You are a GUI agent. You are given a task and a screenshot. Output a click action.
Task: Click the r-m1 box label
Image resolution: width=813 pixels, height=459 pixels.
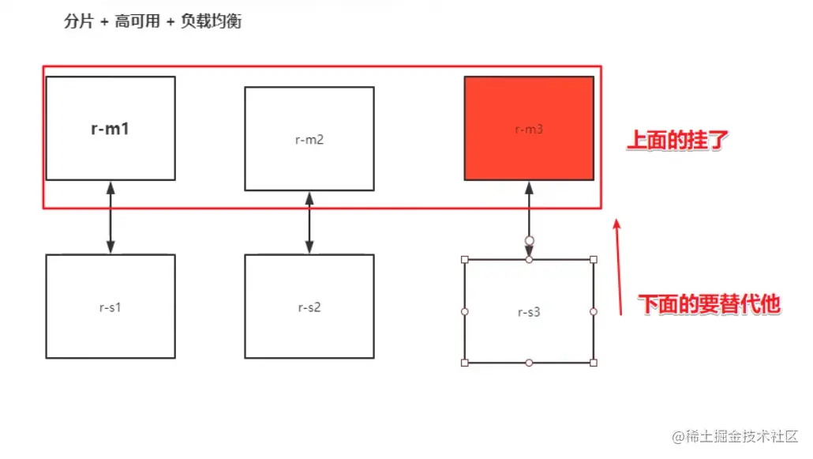(111, 129)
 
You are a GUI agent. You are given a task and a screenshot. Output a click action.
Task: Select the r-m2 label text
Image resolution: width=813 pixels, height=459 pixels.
(309, 140)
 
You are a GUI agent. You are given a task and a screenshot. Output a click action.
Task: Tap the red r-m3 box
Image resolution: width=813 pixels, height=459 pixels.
(529, 128)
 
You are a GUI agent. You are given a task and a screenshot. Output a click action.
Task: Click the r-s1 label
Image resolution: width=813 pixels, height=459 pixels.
(111, 307)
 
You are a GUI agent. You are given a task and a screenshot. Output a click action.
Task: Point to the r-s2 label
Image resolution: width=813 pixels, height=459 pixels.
(309, 307)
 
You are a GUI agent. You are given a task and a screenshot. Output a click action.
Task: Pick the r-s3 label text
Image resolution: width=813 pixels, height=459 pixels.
(529, 312)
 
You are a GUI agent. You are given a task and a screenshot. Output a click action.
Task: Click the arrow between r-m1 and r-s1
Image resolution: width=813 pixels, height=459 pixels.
(111, 217)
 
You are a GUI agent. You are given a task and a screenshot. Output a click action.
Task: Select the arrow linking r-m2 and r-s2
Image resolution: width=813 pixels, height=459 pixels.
(309, 223)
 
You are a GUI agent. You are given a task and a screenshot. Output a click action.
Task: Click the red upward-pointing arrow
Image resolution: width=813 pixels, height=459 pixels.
(620, 269)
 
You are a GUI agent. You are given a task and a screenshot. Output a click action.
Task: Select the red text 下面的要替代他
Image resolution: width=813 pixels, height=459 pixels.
(709, 304)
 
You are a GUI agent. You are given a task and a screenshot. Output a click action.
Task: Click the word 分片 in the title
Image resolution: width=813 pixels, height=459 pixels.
(79, 21)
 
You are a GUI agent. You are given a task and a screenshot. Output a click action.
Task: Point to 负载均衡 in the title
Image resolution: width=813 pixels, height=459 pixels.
(213, 21)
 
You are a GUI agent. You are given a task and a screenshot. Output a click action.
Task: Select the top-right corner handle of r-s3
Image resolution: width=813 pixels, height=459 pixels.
(594, 259)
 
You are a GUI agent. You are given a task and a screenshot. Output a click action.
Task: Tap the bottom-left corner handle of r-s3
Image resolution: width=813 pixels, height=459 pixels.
(464, 363)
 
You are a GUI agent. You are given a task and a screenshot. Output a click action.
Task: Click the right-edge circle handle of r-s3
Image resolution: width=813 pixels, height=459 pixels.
(594, 311)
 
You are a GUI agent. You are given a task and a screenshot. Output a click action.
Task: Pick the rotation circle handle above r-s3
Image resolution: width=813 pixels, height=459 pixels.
(529, 240)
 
